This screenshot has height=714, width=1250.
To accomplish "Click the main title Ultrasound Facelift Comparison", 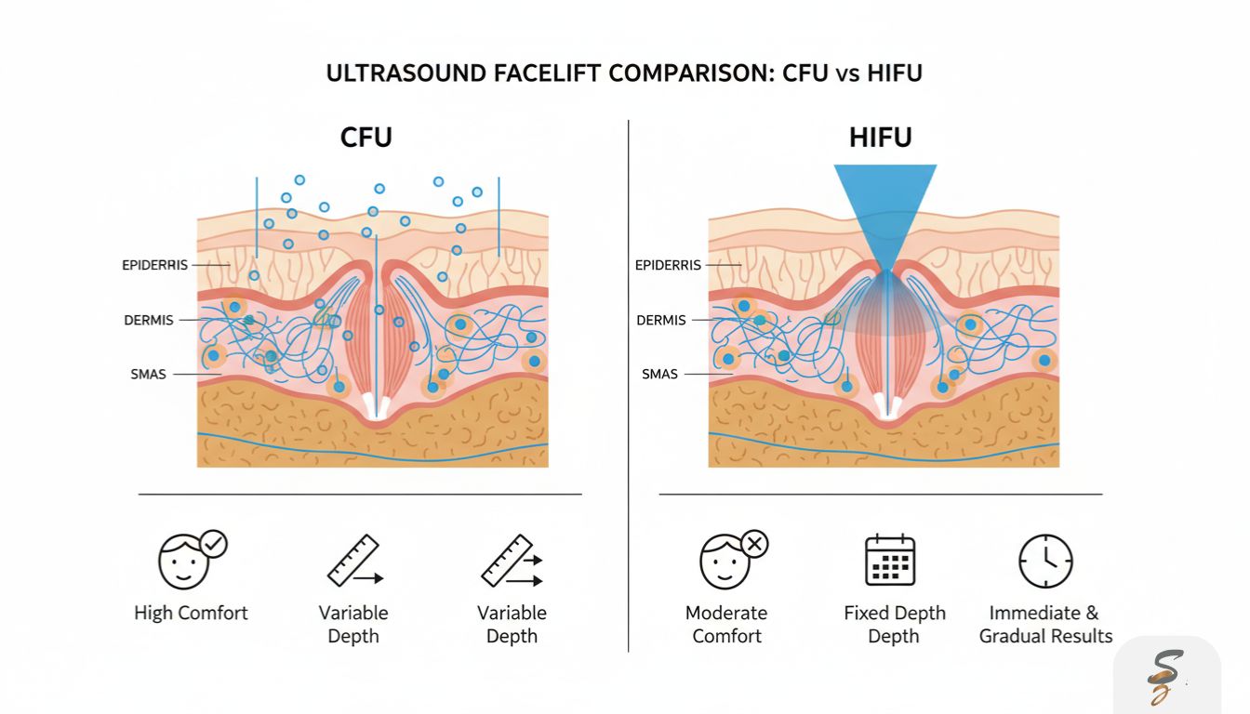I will [624, 73].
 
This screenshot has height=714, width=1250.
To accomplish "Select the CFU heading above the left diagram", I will [366, 138].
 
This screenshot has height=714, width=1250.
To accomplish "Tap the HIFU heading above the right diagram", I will [880, 138].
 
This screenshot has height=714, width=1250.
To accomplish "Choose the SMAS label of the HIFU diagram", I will [660, 374].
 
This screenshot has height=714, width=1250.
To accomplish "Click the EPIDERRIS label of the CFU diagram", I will [154, 265].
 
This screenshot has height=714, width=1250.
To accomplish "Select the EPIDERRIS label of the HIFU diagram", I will [668, 265].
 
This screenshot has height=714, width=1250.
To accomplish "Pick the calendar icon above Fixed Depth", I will [890, 560].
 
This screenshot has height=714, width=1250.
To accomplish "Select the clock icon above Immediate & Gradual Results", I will [1045, 561].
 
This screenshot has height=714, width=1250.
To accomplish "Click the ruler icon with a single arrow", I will [353, 561].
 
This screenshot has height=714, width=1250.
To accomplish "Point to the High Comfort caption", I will [192, 613].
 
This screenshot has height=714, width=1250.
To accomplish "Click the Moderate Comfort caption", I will [726, 625].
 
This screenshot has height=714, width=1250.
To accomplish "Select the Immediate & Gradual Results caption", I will [1045, 625].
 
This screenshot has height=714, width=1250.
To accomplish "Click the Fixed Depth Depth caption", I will [894, 625].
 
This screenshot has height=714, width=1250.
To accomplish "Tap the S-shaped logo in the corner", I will [1165, 676].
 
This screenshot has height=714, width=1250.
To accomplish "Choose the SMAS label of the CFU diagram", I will [149, 375].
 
